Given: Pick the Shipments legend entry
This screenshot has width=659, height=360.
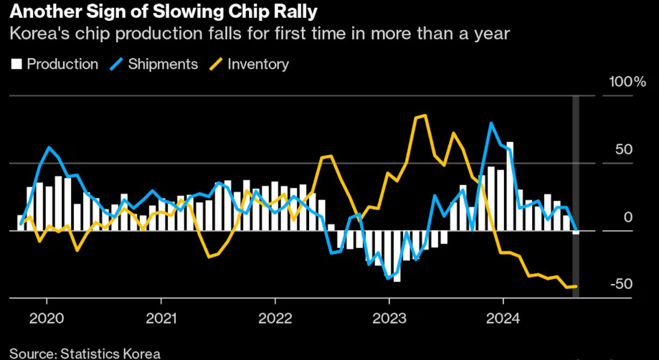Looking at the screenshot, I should point(154,64).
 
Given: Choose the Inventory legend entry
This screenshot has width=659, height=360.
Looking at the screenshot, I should point(249,64).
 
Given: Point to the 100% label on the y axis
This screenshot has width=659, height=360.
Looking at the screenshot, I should point(627,82).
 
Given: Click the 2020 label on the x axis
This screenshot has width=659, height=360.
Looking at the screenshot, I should point(45,317).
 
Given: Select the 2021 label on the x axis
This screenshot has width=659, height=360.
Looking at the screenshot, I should point(160,317).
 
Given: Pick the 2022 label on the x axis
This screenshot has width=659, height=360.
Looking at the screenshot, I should point(274,317).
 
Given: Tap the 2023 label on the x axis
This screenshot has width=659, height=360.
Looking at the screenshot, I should point(389,317).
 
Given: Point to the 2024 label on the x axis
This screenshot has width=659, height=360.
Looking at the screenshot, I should point(503,317).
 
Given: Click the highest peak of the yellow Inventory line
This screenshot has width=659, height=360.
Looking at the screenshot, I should point(425,115).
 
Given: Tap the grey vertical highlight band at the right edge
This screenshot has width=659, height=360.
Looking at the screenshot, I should point(575,194).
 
